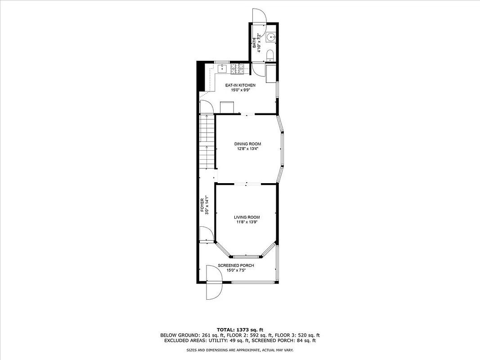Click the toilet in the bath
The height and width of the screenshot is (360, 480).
270,55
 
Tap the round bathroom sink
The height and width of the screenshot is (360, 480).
270,37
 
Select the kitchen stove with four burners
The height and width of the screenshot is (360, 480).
239,69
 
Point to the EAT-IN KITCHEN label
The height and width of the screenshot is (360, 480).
240,85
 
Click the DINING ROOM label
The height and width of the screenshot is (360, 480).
247,144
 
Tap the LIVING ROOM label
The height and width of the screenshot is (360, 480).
247,217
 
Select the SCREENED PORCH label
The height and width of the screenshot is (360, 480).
236,265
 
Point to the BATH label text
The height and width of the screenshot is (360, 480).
255,43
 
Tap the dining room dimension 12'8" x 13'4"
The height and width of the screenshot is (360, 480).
247,149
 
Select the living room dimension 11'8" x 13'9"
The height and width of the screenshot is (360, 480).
247,222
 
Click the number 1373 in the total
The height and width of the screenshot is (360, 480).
243,330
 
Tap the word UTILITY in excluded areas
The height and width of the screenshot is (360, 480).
224,341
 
